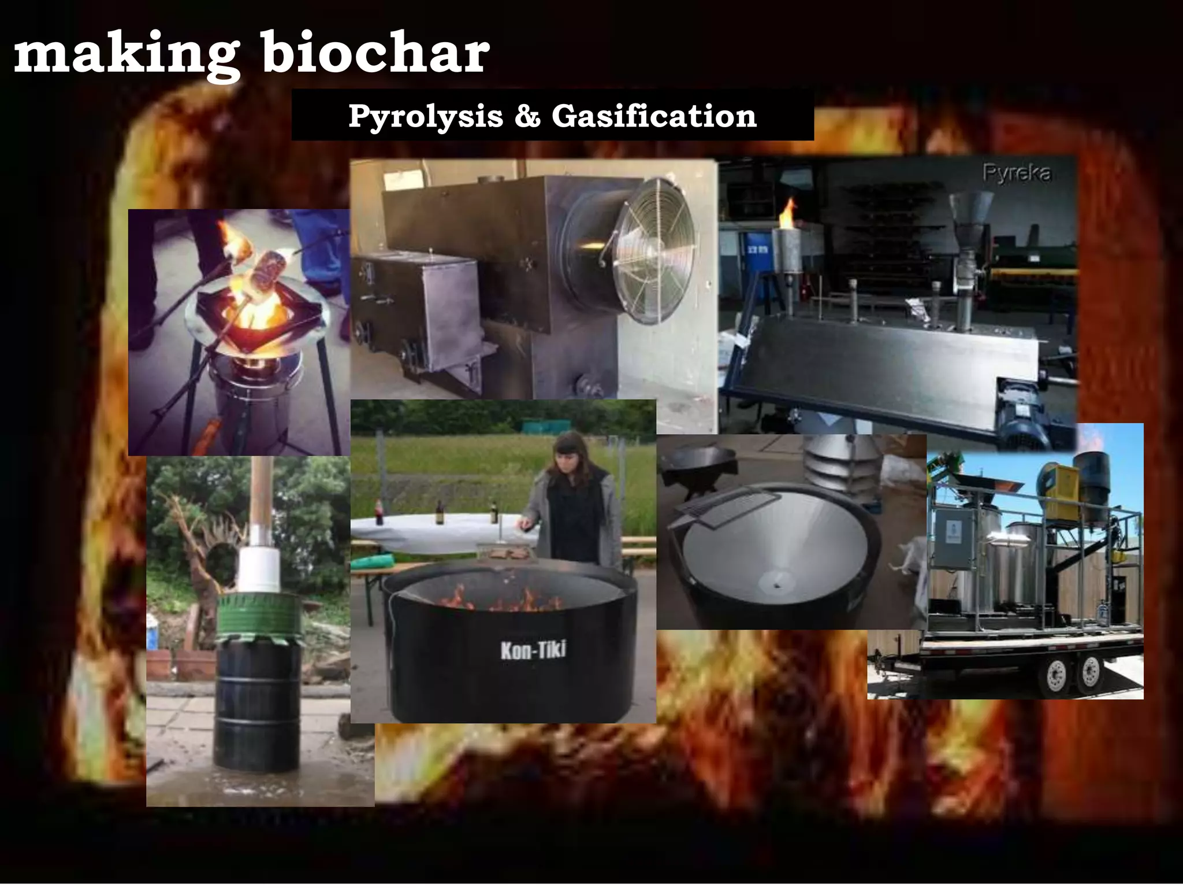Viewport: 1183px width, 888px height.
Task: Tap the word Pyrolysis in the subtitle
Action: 425,116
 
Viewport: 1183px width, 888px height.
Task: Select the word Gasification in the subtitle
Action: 653,116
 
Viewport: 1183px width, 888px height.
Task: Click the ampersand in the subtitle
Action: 527,116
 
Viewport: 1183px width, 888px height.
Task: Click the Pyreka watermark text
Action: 1016,173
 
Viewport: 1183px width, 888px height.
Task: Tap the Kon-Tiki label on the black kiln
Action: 533,650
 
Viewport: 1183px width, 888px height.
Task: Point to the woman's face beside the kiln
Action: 568,462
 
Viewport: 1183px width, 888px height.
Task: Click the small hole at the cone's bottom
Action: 777,586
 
